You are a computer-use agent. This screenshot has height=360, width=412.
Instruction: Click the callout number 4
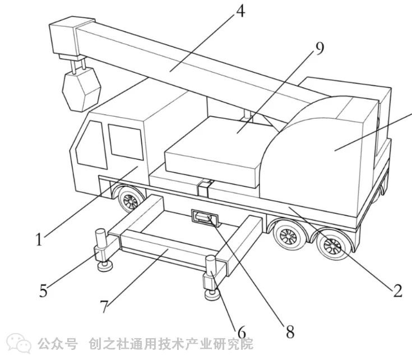[x=240, y=11]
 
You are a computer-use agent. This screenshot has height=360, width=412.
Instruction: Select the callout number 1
[x=39, y=239]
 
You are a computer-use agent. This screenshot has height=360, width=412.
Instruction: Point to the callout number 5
[x=44, y=290]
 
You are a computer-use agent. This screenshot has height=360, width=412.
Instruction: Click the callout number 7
[x=104, y=306]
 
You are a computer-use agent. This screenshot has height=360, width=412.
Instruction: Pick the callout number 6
[x=242, y=332]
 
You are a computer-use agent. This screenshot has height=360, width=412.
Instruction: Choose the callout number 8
[x=290, y=331]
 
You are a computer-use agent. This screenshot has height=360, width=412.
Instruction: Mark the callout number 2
[x=397, y=290]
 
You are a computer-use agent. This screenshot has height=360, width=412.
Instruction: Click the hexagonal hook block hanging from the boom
[x=81, y=89]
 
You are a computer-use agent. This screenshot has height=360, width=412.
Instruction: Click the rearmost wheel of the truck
[x=333, y=246]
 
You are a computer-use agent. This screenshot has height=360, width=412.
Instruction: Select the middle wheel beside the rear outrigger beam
[x=288, y=236]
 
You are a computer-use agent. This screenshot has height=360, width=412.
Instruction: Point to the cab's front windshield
[x=91, y=145]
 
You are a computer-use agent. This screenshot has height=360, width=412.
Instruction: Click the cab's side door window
[x=126, y=142]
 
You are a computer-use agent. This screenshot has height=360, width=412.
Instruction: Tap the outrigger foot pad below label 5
[x=105, y=266]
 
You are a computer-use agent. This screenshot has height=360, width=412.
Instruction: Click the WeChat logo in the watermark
[x=19, y=343]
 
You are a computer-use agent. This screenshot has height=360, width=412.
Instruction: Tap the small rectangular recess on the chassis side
[x=206, y=218]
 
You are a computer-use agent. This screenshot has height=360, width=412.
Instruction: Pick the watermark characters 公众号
[x=58, y=344]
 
